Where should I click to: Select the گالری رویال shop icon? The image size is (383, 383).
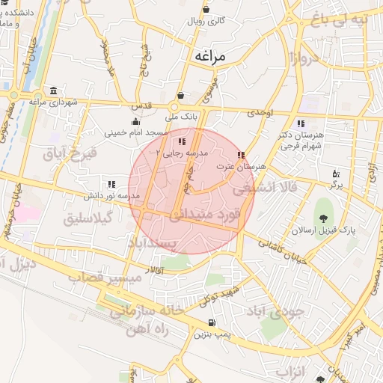click(206, 10)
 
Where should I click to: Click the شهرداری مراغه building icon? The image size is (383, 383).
click(52, 90)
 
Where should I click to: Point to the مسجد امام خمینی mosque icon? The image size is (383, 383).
click(135, 121)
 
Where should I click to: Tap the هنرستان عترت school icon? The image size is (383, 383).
click(240, 156)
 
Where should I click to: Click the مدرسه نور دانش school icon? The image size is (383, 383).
click(111, 183)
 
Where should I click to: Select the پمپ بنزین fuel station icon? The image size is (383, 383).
click(211, 323)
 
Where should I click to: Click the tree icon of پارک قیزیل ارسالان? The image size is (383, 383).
click(323, 218)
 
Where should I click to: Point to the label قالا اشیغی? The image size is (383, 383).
click(265, 188)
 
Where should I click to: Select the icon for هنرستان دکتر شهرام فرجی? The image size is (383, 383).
click(301, 123)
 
